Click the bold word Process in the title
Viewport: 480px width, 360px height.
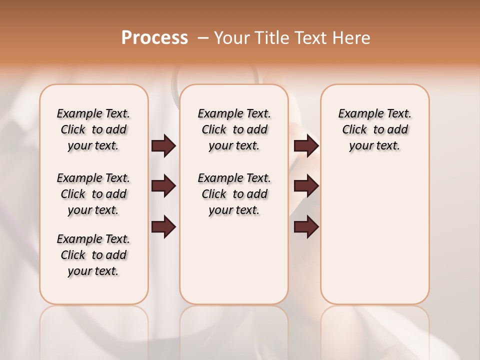154,38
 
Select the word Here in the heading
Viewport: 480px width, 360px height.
352,38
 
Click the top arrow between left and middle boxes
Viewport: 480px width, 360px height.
163,146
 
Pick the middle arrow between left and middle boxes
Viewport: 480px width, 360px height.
163,186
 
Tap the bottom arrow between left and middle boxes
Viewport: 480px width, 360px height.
163,226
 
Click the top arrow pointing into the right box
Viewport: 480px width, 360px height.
306,146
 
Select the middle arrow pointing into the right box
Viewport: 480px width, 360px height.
306,186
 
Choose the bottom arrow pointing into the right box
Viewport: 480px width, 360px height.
306,226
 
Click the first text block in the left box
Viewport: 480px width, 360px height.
93,129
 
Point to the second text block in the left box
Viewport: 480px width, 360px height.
93,194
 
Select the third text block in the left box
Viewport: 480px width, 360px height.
93,255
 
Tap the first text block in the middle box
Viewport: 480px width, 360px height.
234,129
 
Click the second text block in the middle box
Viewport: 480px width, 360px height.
234,194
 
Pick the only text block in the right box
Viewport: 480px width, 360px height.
374,129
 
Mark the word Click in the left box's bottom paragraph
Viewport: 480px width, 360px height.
73,255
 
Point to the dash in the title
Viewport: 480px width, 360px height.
203,38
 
